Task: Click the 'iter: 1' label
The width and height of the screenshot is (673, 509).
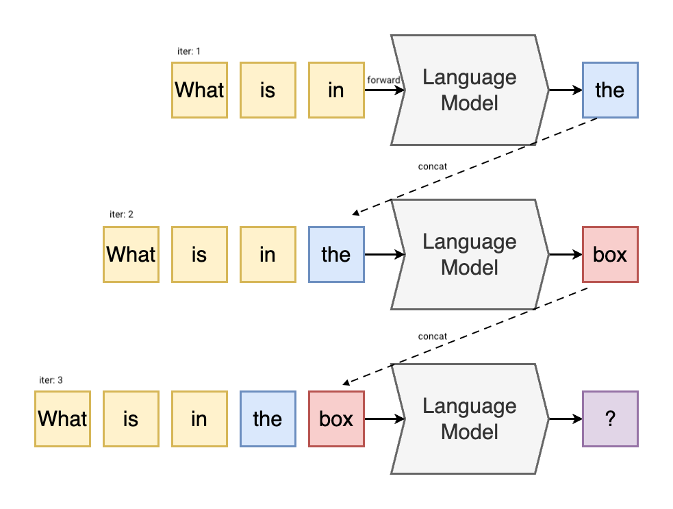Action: [188, 51]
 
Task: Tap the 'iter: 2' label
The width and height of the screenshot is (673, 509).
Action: [121, 214]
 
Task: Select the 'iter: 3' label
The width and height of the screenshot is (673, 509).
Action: [51, 380]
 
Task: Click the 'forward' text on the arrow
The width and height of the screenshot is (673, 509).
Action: [383, 80]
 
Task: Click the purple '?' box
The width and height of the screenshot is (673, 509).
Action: [609, 419]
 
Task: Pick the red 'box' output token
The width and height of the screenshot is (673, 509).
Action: [609, 254]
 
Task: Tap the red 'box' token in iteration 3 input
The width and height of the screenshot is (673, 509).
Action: [336, 419]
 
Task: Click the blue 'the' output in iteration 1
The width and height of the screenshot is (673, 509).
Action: [609, 90]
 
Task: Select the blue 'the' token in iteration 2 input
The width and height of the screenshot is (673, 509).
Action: [336, 254]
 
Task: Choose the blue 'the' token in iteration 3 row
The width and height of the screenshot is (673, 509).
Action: [268, 419]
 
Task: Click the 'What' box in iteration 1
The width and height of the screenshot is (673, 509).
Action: [199, 90]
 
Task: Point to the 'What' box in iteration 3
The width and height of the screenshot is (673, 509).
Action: [62, 419]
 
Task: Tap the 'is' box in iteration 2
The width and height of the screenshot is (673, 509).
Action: [199, 254]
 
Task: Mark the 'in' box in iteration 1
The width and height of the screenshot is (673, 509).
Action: [336, 90]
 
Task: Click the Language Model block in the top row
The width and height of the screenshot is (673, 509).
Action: [470, 90]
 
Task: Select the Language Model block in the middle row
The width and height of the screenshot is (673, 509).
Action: [470, 254]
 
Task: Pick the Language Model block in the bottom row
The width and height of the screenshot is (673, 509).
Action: [470, 419]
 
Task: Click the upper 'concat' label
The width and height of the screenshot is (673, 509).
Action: [432, 166]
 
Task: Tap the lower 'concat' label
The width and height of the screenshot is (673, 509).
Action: [432, 336]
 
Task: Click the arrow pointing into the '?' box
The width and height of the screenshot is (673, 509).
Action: [566, 419]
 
